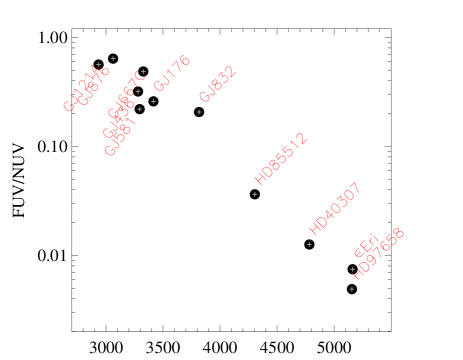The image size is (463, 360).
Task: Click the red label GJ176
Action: [x=172, y=73]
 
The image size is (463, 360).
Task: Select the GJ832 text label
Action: [x=217, y=84]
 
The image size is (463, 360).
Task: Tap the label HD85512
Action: [x=280, y=158]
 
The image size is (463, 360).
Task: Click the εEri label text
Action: [x=366, y=246]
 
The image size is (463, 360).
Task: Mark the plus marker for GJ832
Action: [x=199, y=112]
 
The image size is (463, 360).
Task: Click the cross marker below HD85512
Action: [x=255, y=194]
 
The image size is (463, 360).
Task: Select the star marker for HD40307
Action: [x=309, y=244]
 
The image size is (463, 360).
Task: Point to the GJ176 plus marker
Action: [x=153, y=101]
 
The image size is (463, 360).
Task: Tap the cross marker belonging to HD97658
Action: [x=351, y=289]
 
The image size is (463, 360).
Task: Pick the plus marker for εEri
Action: [x=352, y=269]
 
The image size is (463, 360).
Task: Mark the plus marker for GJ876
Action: [x=113, y=58]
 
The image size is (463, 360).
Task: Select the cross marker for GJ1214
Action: [x=98, y=65]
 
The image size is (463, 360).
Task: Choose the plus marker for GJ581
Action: [x=140, y=109]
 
